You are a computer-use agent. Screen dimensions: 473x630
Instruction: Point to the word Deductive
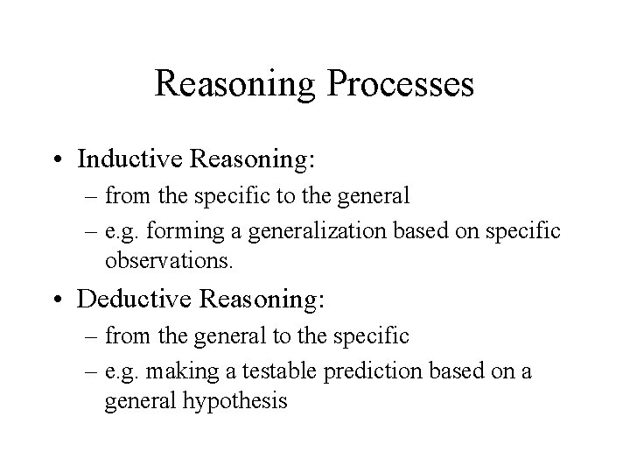pos(136,299)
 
